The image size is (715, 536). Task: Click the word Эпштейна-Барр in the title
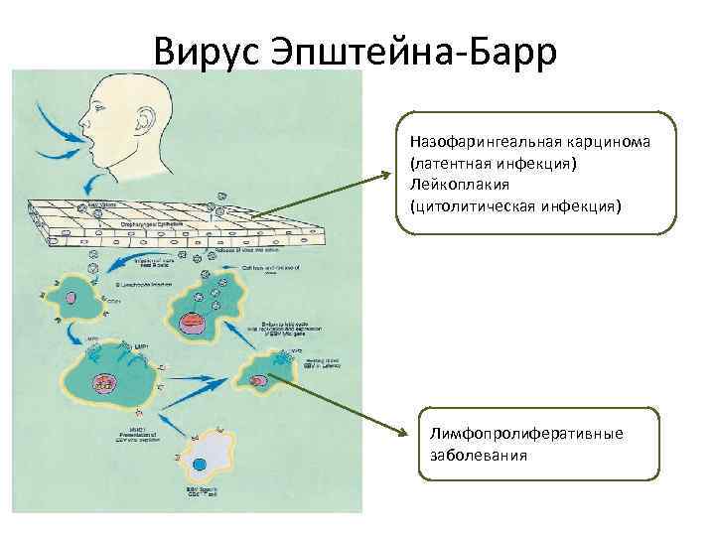pyautogui.click(x=416, y=51)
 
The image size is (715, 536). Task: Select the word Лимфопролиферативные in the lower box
pyautogui.click(x=526, y=434)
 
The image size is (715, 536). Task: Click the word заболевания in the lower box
pyautogui.click(x=479, y=456)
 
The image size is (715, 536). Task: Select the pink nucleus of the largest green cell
pyautogui.click(x=102, y=383)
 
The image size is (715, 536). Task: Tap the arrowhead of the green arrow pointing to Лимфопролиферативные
pyautogui.click(x=407, y=433)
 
